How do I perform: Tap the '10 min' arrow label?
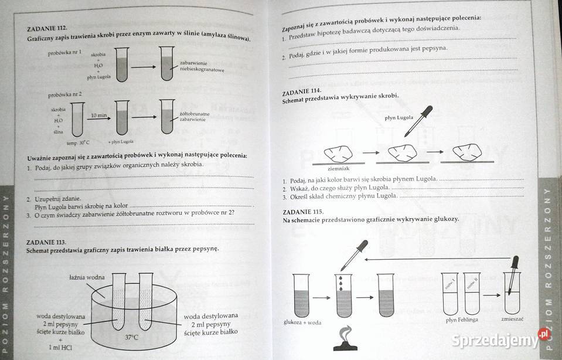(98, 116)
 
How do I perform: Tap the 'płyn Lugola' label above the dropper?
(398, 117)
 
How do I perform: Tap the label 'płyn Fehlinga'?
(461, 320)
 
